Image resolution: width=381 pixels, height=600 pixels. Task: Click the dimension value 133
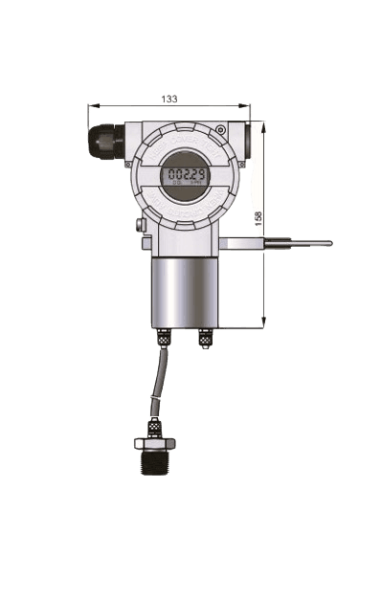(x=169, y=99)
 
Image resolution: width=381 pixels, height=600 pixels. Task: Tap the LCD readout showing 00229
(x=182, y=175)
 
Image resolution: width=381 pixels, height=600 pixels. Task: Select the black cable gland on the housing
(x=105, y=142)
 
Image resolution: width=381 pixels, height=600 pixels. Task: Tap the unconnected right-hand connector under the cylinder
(x=205, y=338)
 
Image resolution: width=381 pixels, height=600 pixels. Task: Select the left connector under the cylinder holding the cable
(x=164, y=338)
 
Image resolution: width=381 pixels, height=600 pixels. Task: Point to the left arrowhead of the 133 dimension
(x=91, y=105)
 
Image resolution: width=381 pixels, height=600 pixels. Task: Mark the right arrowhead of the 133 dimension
(x=247, y=105)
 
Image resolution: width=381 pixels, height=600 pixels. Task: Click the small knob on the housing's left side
(x=140, y=226)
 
